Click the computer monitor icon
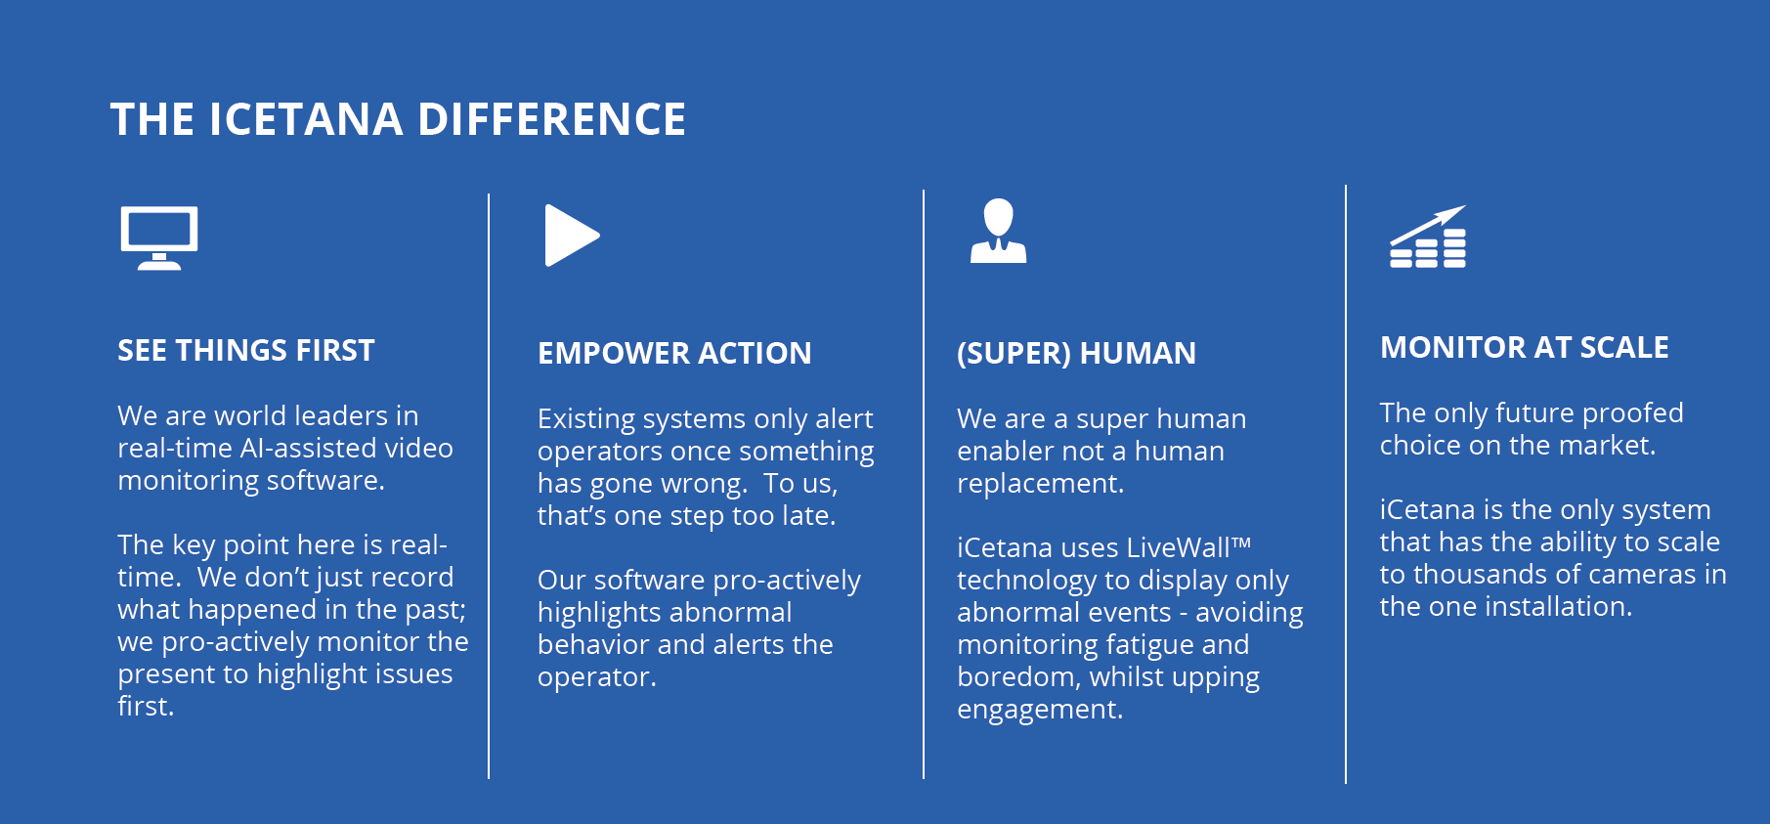159,238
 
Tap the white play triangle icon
572,236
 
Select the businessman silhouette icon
998,231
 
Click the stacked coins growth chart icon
1428,237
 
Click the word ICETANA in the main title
306,120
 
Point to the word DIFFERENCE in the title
552,120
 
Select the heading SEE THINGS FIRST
246,351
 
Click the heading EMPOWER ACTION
674,353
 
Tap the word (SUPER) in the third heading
1014,353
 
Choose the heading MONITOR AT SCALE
1525,347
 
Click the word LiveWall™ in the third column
1188,547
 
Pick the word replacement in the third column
1040,484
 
